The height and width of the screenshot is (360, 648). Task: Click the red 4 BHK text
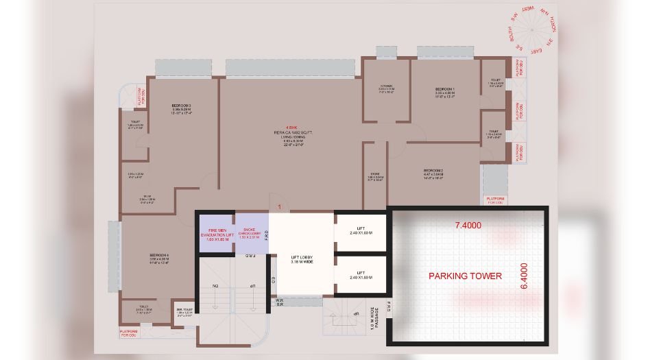(283, 125)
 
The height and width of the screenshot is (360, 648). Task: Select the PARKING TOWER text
(465, 276)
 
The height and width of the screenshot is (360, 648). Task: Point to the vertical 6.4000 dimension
(525, 276)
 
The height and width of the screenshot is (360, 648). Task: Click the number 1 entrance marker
(279, 205)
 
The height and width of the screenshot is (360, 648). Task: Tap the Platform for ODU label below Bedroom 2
(495, 201)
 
